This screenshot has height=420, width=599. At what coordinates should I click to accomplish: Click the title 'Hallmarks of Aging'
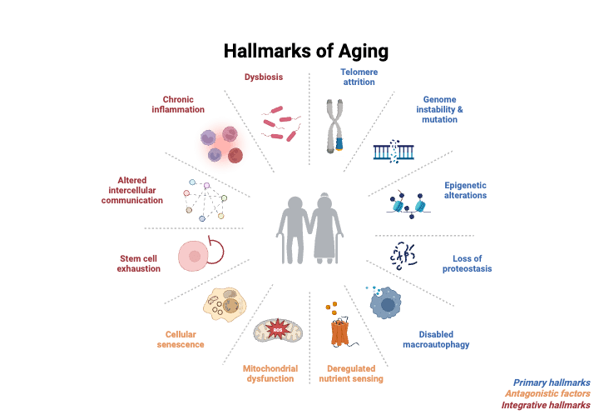306,51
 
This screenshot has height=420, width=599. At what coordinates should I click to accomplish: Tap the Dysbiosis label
264,77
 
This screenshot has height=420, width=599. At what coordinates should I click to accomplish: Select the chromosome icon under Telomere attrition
334,127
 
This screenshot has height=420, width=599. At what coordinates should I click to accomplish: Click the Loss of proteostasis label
473,263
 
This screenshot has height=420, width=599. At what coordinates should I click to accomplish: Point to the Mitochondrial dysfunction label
269,372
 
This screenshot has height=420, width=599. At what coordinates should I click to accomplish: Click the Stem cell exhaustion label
138,263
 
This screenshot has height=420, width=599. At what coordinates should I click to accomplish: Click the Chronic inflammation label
178,103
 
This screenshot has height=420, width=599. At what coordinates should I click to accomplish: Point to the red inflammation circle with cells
222,142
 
